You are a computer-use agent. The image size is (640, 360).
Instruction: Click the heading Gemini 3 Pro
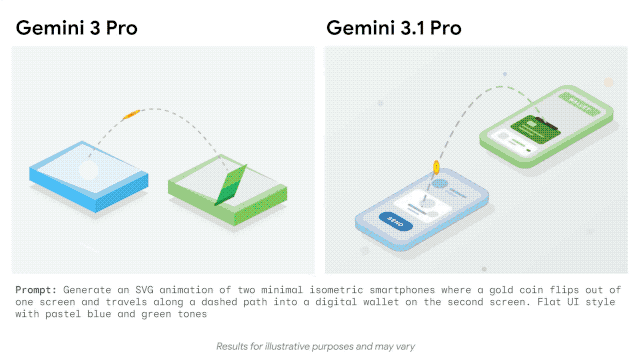pyautogui.click(x=76, y=27)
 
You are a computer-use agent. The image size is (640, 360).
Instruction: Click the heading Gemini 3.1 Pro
pyautogui.click(x=394, y=27)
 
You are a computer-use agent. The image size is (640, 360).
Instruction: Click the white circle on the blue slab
pyautogui.click(x=88, y=170)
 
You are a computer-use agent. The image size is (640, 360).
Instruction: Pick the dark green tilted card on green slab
pyautogui.click(x=229, y=185)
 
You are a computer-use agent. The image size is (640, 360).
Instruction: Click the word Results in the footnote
pyautogui.click(x=235, y=346)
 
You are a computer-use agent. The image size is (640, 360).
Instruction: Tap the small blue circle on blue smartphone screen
pyautogui.click(x=441, y=186)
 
